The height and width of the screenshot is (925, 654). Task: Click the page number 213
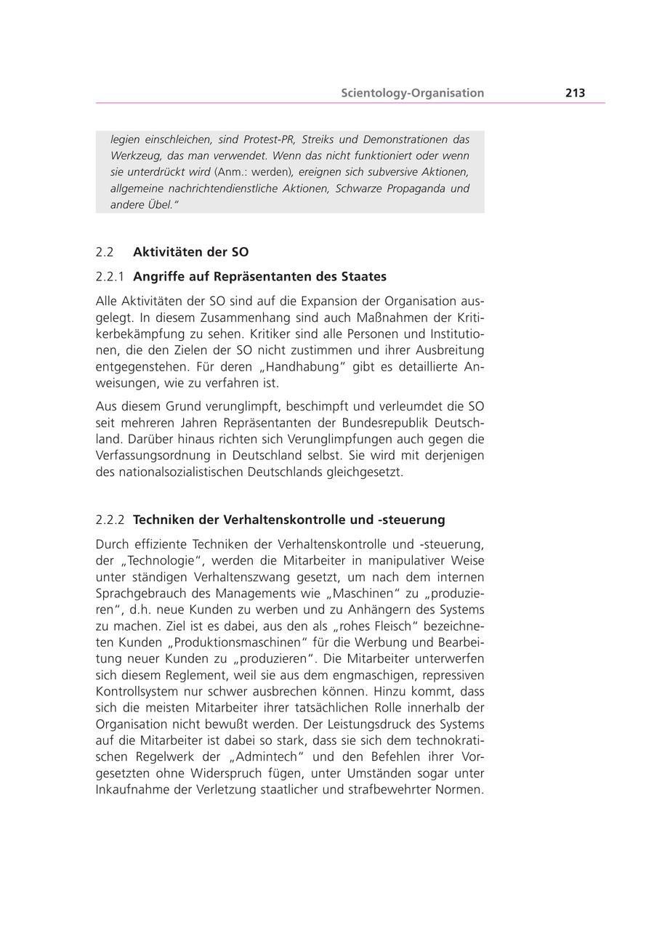pyautogui.click(x=575, y=93)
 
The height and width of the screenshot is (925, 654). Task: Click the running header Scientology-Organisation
pyautogui.click(x=412, y=93)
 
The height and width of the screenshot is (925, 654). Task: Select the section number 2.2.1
pyautogui.click(x=110, y=277)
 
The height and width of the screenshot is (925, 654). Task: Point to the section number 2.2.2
pyautogui.click(x=110, y=520)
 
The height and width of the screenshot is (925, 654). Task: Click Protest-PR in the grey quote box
pyautogui.click(x=267, y=140)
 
